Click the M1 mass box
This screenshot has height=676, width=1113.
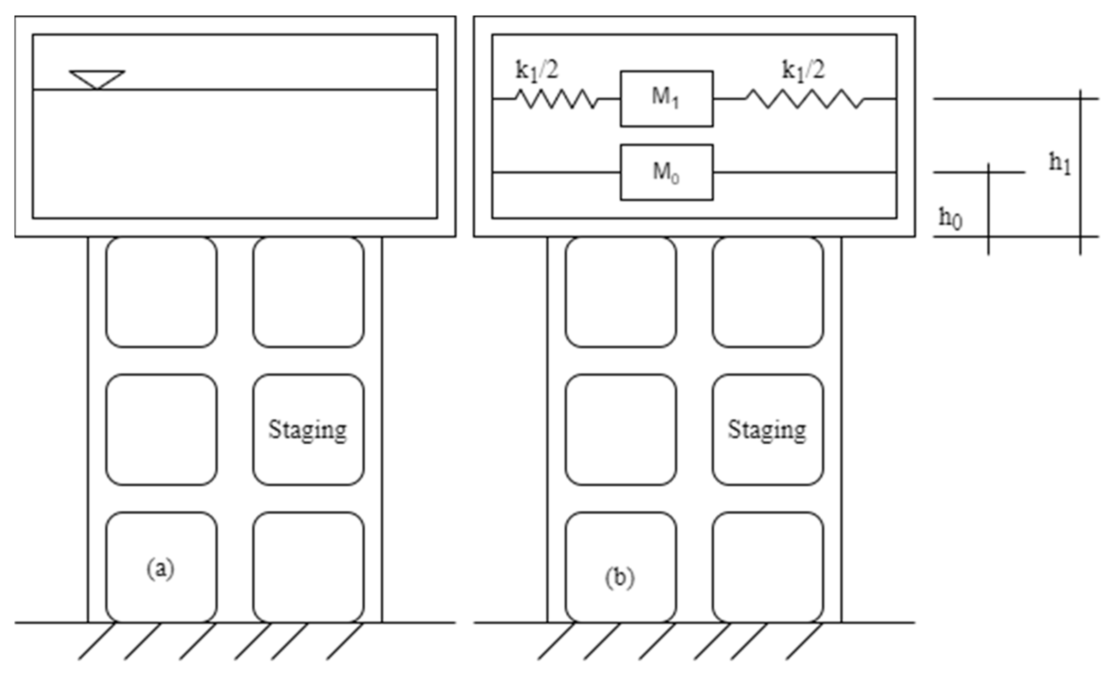click(666, 99)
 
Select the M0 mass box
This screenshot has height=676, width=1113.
click(666, 172)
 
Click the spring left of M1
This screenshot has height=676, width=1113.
click(556, 99)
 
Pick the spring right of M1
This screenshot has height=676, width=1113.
click(804, 99)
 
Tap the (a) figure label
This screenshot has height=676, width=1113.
click(160, 569)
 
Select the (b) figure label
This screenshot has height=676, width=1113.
click(620, 577)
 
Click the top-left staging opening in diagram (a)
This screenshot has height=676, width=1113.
click(161, 292)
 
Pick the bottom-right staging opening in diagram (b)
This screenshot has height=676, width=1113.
click(768, 567)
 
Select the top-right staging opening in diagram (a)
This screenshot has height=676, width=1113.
click(309, 292)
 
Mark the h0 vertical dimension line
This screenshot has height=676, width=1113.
click(988, 209)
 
